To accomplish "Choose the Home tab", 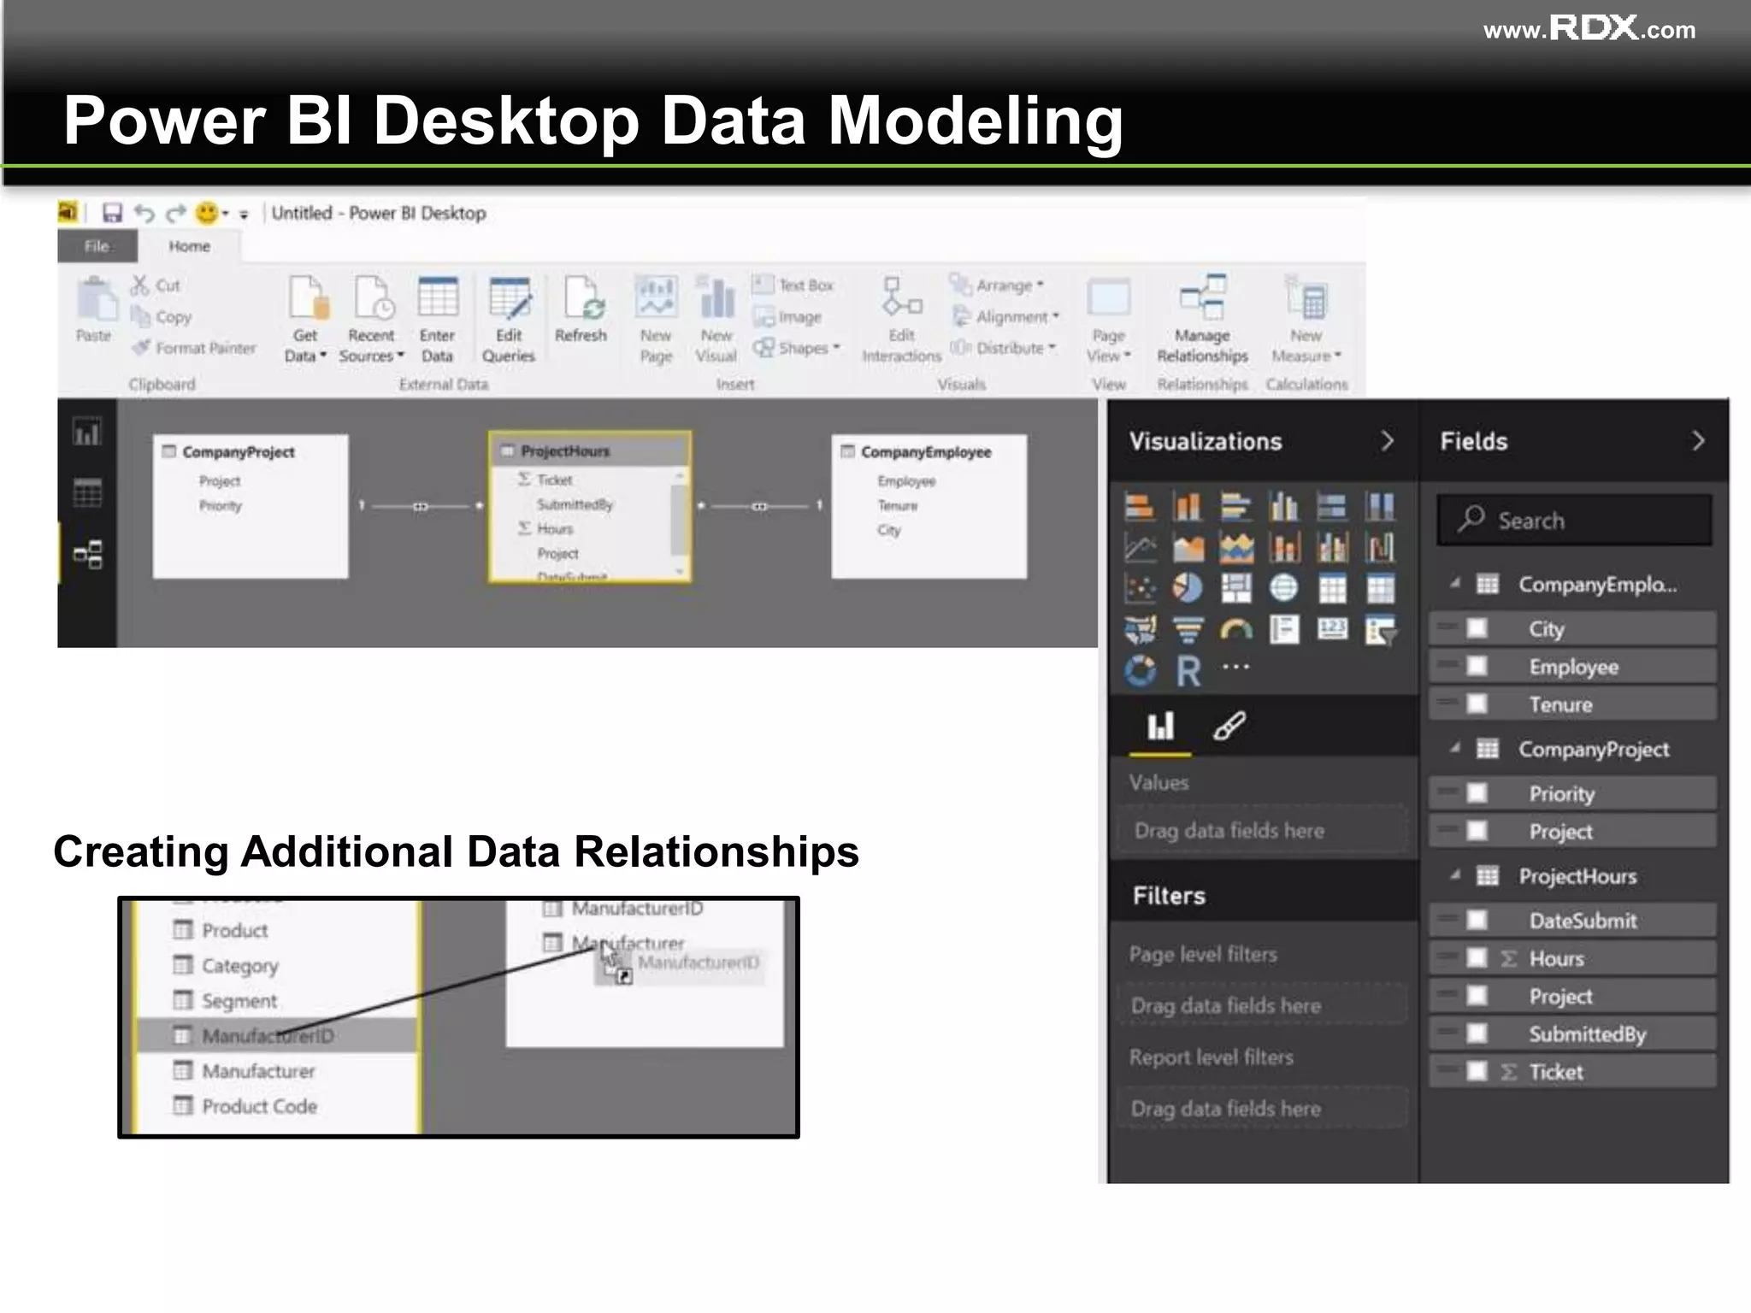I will tap(189, 246).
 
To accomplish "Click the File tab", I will tap(97, 246).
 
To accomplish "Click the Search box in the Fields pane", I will tap(1574, 520).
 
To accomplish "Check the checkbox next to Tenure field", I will tap(1477, 704).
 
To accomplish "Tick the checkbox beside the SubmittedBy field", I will tap(1477, 1033).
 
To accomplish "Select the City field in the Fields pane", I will tap(1546, 629).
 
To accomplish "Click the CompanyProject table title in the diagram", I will tap(239, 452).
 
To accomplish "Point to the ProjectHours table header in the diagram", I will tap(565, 450).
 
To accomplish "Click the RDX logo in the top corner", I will tap(1594, 28).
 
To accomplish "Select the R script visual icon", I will tap(1188, 671).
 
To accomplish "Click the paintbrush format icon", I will tap(1229, 727).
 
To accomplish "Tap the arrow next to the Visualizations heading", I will tap(1387, 441).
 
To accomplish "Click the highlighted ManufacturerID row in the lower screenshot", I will tap(268, 1036).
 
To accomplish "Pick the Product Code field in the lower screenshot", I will tap(259, 1106).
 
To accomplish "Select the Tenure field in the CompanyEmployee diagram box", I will tap(897, 505).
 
